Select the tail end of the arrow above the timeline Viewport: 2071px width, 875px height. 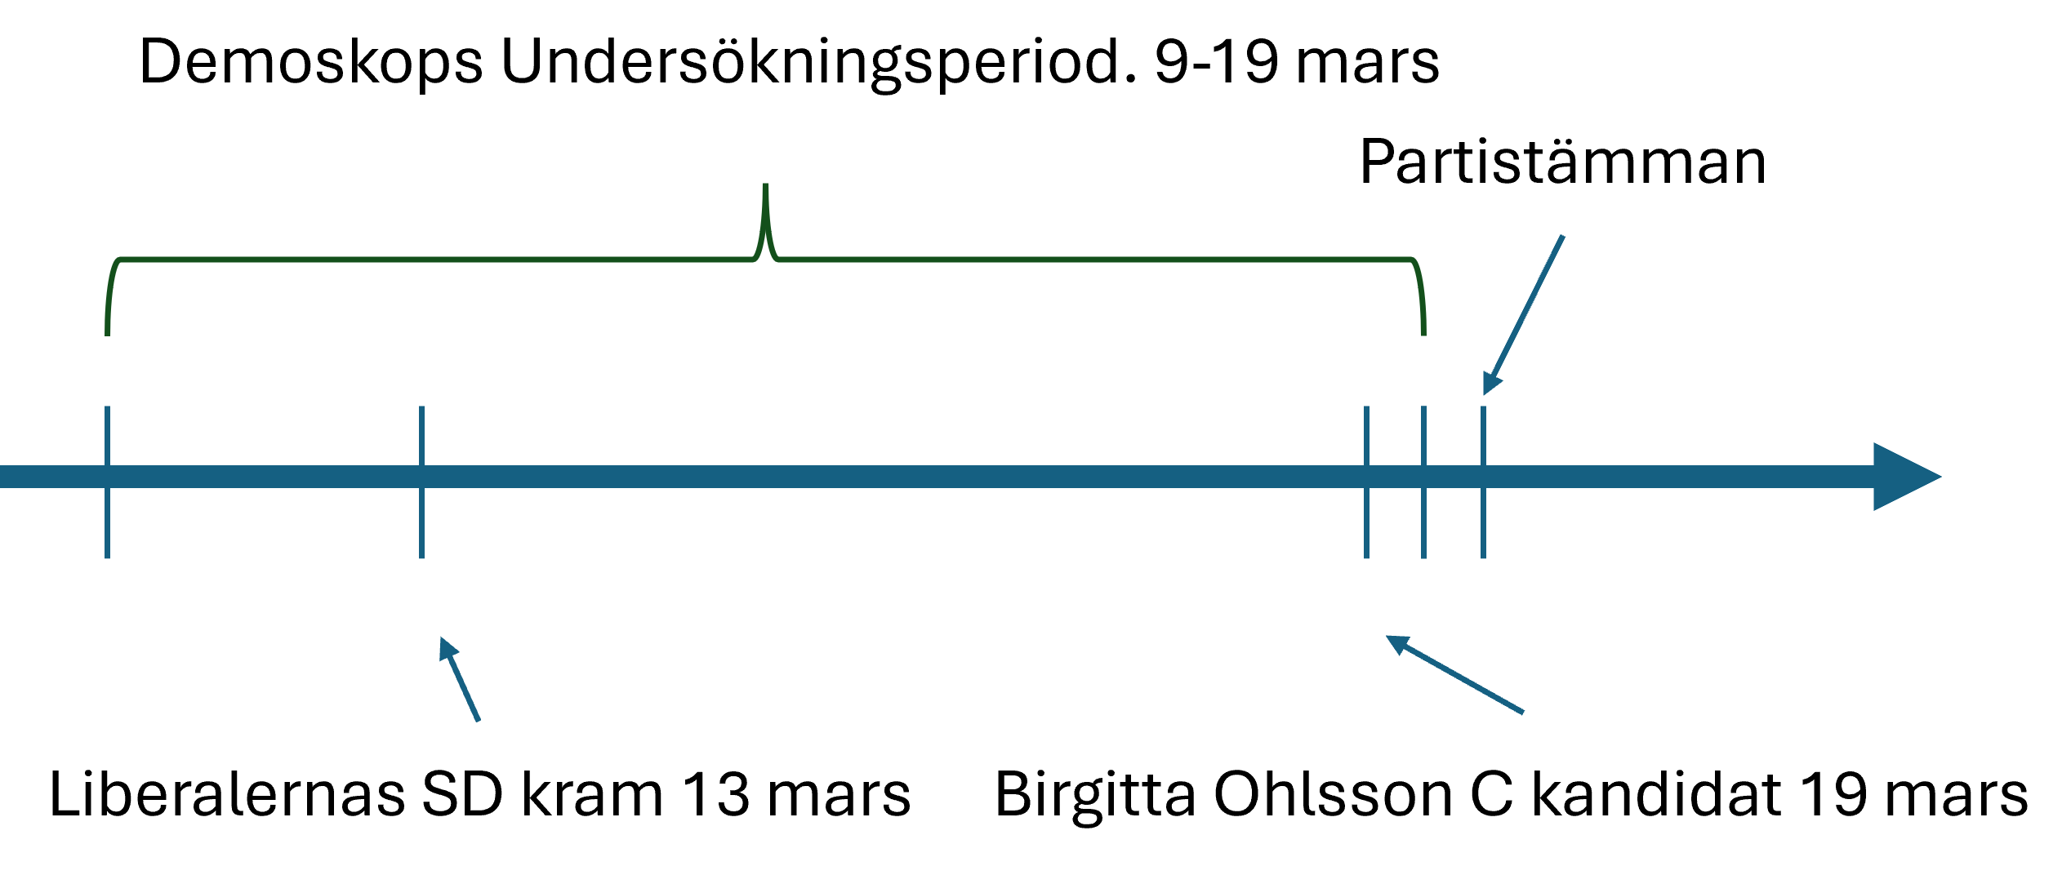coord(1562,237)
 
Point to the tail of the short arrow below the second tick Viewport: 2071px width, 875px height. coord(479,720)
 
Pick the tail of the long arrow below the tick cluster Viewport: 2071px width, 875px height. coord(1523,713)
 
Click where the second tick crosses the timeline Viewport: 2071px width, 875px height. coord(421,477)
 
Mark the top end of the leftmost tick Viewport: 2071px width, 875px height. coord(107,408)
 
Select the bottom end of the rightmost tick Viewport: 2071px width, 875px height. coord(1483,557)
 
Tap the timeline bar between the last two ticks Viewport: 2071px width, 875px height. coord(1454,477)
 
